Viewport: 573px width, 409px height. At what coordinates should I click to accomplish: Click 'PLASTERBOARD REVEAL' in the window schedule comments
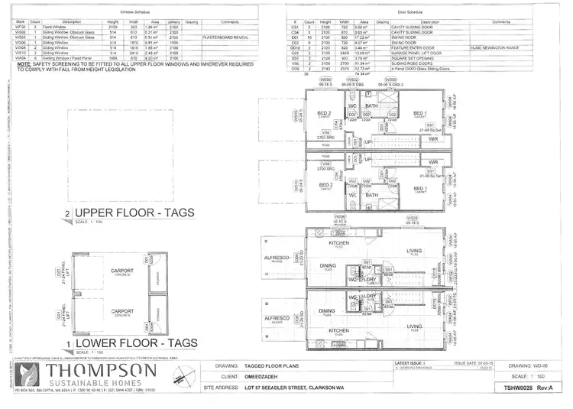point(224,36)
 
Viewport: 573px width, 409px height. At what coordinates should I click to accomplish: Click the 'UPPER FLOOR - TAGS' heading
point(134,213)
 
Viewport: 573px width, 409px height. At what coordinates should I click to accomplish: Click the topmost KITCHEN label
point(338,242)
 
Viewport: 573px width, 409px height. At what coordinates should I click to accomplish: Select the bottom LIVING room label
point(415,326)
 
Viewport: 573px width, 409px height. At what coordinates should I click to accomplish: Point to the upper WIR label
point(433,139)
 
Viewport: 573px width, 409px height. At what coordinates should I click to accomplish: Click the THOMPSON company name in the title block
point(102,372)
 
